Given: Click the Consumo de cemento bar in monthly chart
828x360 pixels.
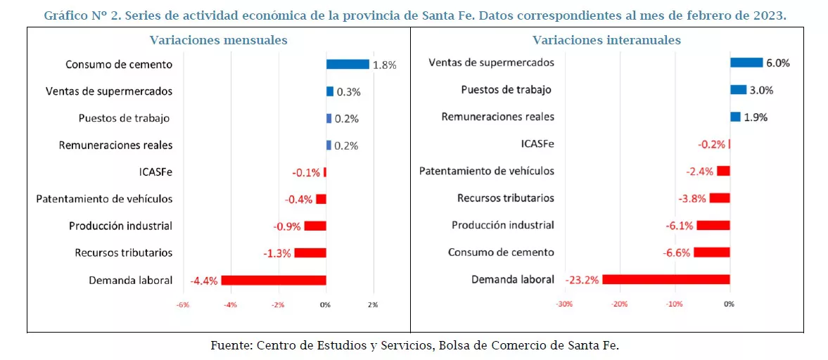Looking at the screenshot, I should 348,64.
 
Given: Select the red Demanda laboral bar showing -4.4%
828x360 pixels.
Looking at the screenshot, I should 274,280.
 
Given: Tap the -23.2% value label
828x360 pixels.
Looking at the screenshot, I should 582,280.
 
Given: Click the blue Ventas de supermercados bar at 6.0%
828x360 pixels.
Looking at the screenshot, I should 746,63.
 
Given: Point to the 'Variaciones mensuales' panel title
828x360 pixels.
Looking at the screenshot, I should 218,40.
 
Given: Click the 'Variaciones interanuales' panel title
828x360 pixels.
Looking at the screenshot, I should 606,40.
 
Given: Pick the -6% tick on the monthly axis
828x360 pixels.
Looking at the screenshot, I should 182,305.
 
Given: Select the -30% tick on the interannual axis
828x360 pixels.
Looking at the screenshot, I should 563,304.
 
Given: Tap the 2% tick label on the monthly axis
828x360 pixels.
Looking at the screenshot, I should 372,305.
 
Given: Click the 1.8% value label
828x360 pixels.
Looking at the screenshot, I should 385,65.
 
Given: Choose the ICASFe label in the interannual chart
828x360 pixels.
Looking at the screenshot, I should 537,144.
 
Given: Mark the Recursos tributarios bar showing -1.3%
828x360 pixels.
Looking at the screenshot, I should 310,253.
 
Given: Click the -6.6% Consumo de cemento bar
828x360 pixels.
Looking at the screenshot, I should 712,252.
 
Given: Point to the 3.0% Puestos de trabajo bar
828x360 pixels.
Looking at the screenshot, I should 738,89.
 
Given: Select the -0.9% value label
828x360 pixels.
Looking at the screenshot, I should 287,226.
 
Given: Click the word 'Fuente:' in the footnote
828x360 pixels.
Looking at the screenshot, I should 231,345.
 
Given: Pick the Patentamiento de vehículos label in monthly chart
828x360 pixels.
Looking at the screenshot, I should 104,199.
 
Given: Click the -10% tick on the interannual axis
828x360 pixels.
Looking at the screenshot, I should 674,304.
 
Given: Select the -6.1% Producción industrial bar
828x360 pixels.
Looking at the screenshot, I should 713,225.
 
